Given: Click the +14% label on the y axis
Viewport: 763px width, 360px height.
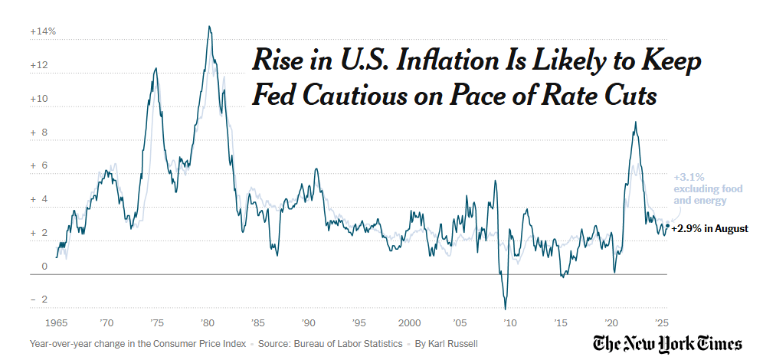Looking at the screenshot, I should (x=43, y=32).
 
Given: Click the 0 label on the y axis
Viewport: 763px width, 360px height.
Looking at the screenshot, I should (x=44, y=267).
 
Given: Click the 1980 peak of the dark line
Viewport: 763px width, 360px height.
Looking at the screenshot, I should (x=209, y=27).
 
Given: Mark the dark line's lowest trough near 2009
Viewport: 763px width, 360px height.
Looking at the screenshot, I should (x=506, y=309).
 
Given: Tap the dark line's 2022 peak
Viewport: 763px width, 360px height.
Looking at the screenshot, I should (x=635, y=123).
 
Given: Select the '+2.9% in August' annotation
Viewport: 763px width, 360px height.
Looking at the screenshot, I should (x=710, y=228).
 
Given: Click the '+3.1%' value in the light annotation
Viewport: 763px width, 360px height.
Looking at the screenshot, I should (x=686, y=176).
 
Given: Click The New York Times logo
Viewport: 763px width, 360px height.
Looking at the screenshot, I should (x=667, y=343).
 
